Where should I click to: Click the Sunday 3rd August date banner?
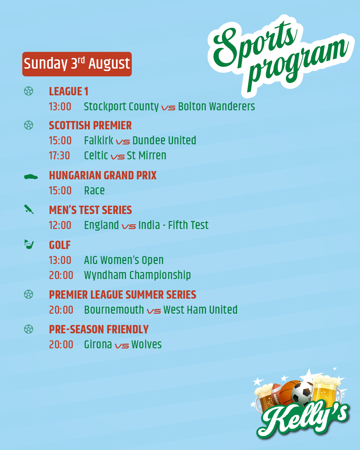77,64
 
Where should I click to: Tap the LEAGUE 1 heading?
69,91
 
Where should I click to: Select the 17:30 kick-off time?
59,156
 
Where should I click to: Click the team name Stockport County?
121,107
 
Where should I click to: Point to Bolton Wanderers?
217,106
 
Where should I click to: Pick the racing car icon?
31,177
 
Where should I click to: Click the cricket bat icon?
29,209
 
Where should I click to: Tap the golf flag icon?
29,244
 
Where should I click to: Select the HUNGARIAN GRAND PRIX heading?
103,175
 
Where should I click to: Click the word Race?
94,190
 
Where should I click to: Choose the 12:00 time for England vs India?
60,225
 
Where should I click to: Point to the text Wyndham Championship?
137,275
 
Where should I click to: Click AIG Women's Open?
124,260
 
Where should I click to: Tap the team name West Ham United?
200,310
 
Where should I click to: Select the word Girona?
98,345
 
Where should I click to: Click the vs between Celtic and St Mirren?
118,157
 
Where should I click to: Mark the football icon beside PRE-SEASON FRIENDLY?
29,329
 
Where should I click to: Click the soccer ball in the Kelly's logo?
302,392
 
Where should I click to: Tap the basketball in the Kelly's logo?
289,390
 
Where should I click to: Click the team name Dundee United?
164,141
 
